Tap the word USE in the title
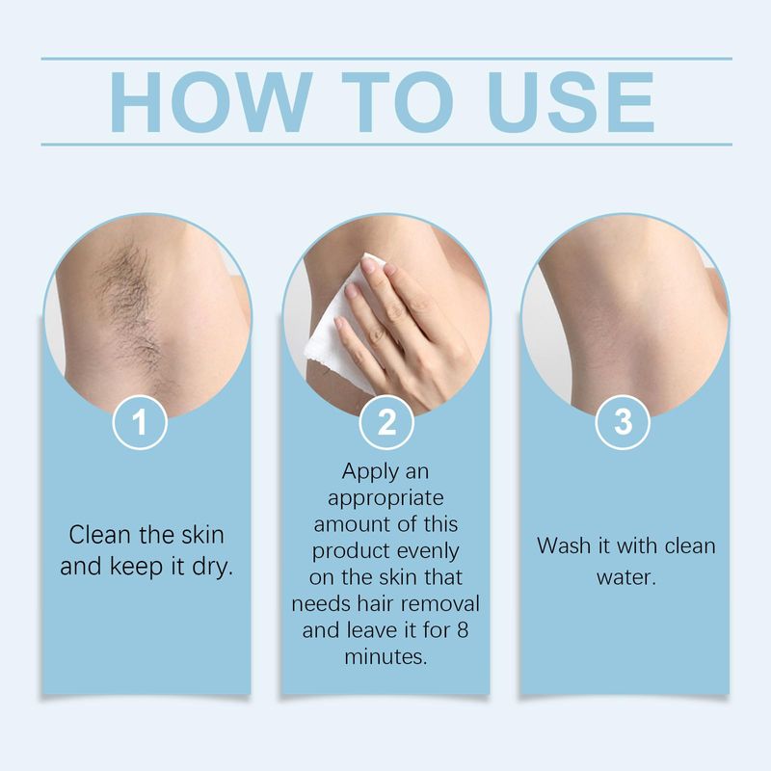[x=572, y=102]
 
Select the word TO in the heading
[x=397, y=102]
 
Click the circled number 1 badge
[x=140, y=422]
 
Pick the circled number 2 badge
[x=386, y=422]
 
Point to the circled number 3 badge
[x=623, y=422]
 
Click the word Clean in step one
[x=100, y=535]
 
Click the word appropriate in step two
[x=386, y=498]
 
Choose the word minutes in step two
[x=386, y=656]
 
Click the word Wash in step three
[x=565, y=545]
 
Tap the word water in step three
[x=626, y=577]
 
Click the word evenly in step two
[x=428, y=551]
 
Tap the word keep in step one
[x=137, y=567]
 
